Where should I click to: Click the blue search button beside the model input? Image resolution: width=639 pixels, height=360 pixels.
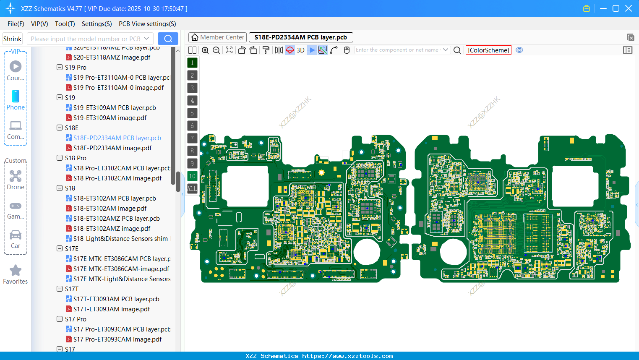coord(168,39)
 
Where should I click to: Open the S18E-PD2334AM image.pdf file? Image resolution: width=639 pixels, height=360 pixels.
coord(112,148)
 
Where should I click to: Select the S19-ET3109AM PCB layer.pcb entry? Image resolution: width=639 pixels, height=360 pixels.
coord(114,108)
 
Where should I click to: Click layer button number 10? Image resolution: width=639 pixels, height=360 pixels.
coord(192,176)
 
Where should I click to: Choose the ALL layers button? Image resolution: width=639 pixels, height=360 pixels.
coord(192,189)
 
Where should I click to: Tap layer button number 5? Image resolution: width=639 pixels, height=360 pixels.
coord(192,113)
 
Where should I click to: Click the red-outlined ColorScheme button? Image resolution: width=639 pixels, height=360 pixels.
coord(488,50)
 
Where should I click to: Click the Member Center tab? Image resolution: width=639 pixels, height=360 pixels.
coord(218,37)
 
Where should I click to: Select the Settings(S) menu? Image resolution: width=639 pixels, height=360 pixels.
coord(97,24)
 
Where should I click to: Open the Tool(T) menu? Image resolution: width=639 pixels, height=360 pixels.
coord(65,24)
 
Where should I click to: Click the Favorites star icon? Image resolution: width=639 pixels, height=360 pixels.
coord(16,271)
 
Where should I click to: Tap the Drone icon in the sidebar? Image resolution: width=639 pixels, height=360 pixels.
coord(16,177)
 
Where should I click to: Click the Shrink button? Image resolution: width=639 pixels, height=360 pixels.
coord(13,39)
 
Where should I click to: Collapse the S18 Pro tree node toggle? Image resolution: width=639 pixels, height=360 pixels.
coord(60,158)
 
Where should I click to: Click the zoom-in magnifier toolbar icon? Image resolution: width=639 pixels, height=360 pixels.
coord(205,50)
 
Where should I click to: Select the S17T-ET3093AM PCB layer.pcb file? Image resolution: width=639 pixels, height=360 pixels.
coord(116,299)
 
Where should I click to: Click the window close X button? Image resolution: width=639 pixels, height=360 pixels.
coord(629,8)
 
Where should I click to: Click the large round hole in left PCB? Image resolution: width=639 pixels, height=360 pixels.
coord(367,252)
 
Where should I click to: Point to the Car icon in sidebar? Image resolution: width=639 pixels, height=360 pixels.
coord(16,235)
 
